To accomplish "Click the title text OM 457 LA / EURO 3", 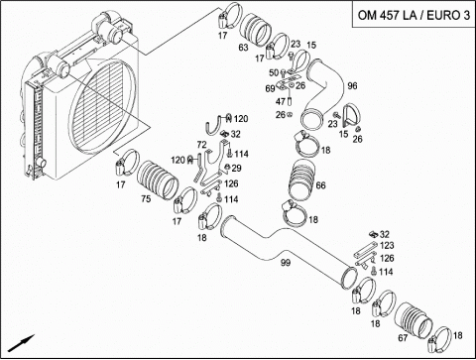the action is [414, 15].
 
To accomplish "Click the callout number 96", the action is [352, 86].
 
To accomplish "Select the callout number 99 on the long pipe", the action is [286, 263].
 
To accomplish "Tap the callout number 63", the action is [243, 48].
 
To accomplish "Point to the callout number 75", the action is [146, 198].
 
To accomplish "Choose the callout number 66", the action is [320, 185].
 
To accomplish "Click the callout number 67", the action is [403, 338].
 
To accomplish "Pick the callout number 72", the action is [201, 145].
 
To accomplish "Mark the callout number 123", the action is [387, 245].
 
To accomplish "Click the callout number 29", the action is [236, 169].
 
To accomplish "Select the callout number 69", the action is [270, 88].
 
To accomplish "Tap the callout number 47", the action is [281, 101].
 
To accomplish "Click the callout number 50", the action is [274, 72].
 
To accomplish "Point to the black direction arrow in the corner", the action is [21, 343].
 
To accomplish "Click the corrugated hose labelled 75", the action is [158, 180].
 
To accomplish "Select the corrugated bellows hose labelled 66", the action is [301, 180].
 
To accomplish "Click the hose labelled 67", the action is [414, 320].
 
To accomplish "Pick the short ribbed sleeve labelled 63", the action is [255, 30].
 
